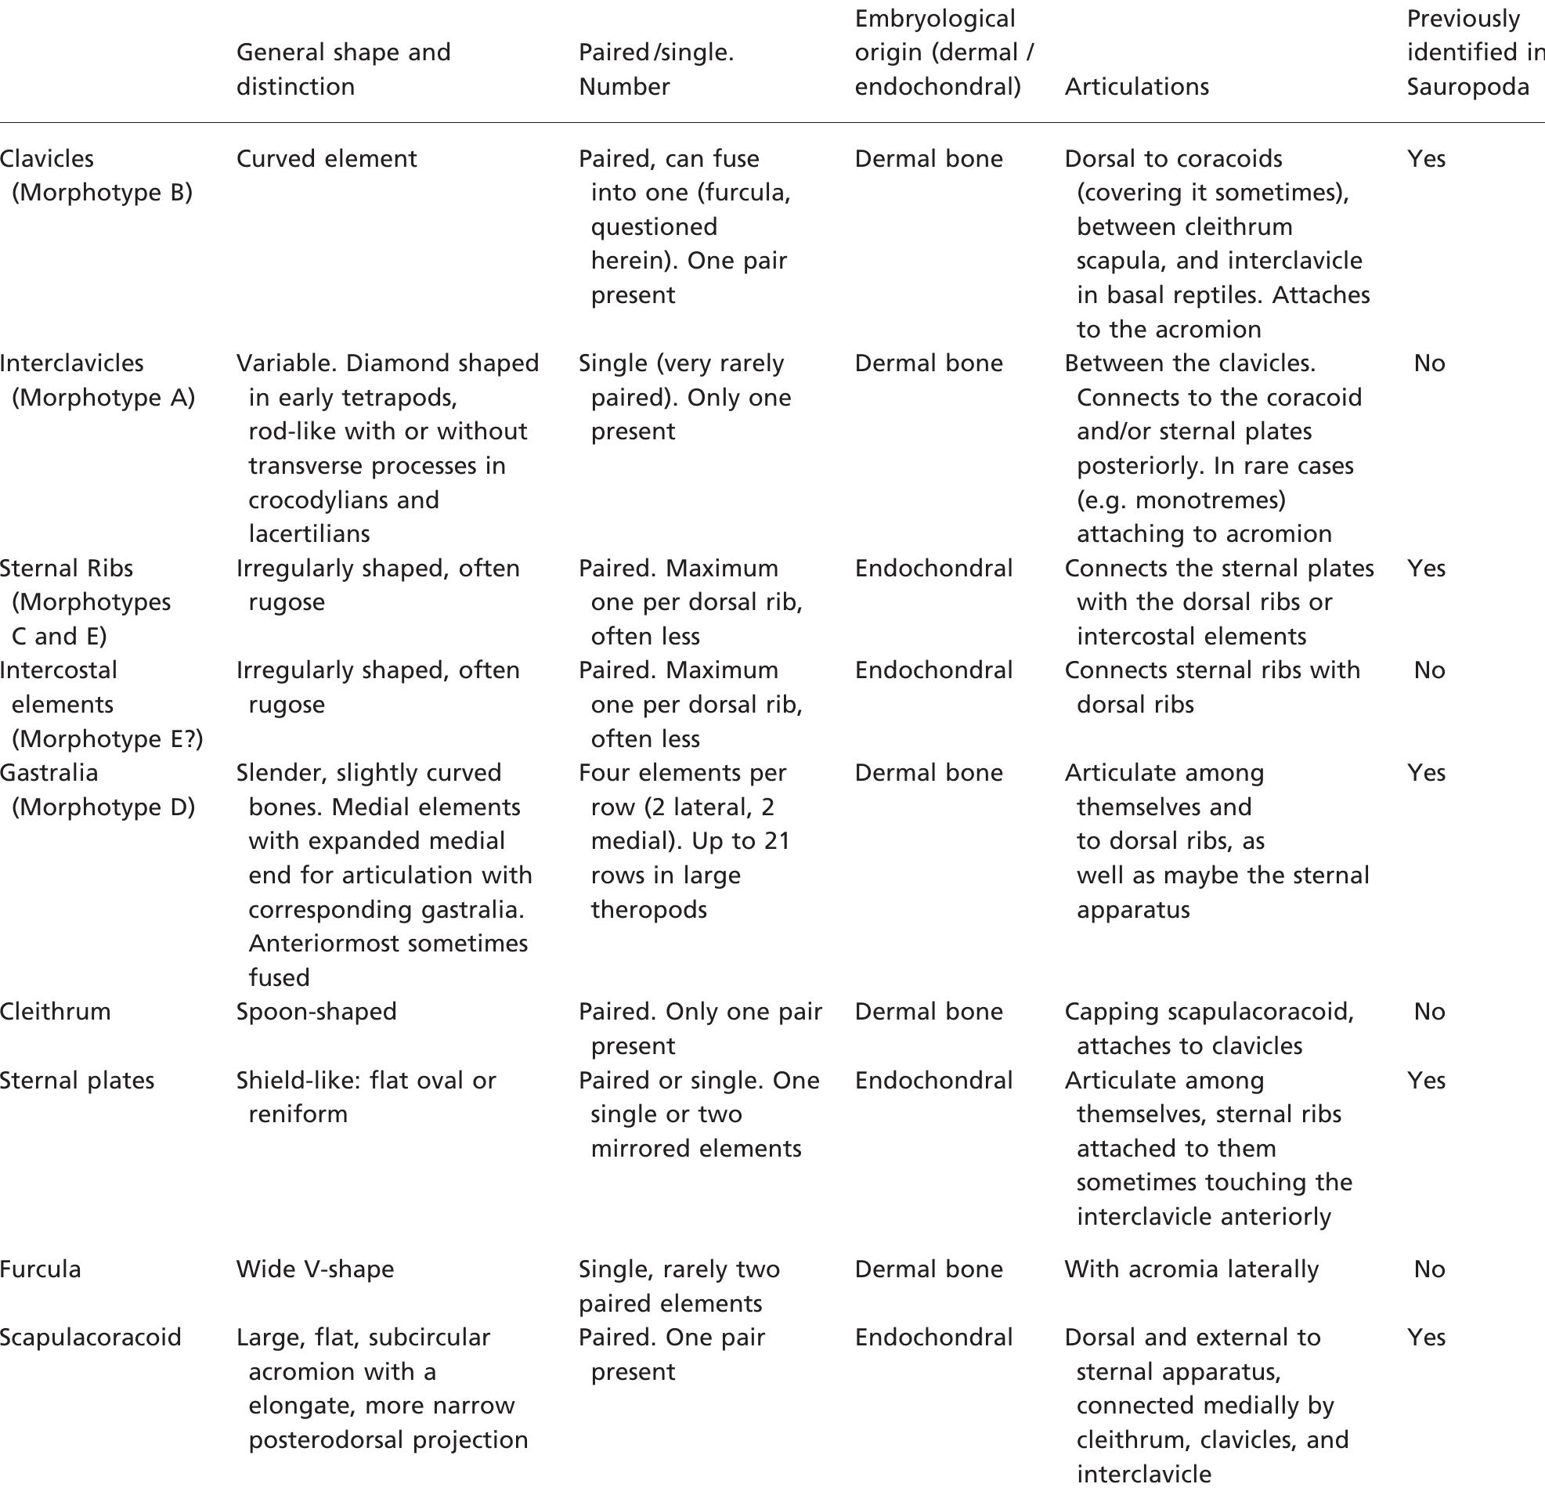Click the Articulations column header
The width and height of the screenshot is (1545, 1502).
tap(1136, 87)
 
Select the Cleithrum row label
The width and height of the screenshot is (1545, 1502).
tap(56, 1011)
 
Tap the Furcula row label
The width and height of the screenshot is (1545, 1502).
tap(40, 1269)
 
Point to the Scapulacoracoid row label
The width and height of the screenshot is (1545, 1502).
tap(91, 1337)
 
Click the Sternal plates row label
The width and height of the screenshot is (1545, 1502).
tap(78, 1080)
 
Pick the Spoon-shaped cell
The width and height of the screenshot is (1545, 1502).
tap(316, 1011)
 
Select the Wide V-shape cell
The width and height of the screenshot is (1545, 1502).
tap(315, 1269)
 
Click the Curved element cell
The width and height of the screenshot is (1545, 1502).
tap(327, 158)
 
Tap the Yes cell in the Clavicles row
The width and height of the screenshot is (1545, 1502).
tap(1426, 158)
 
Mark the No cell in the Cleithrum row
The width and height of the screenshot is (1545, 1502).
tap(1429, 1011)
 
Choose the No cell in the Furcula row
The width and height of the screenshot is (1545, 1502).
tap(1429, 1269)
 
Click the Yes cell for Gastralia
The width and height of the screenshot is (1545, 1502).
tap(1426, 772)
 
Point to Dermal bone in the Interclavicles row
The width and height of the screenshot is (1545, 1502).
tap(928, 363)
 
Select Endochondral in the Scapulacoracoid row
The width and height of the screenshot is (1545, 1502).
tap(933, 1337)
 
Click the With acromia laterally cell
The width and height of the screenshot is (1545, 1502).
tap(1191, 1269)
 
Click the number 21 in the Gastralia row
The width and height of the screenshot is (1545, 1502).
tap(777, 841)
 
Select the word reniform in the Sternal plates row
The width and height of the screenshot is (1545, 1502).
tap(298, 1114)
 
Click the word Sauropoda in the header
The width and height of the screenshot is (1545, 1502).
tap(1467, 87)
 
